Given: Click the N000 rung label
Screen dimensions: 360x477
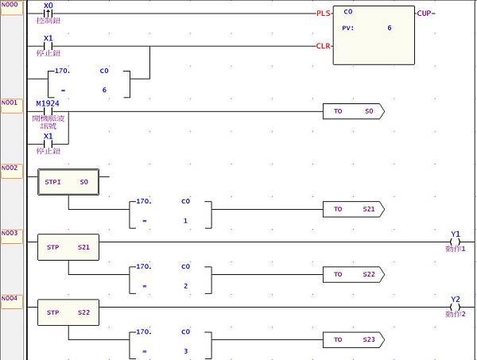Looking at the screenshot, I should [x=11, y=4].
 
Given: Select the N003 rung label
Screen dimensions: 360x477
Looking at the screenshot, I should [x=11, y=233].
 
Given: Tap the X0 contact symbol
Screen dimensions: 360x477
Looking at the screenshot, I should [x=48, y=14].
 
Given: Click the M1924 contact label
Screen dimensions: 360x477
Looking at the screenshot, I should [x=48, y=103].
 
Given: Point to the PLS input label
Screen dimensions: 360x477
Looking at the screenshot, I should [x=324, y=14].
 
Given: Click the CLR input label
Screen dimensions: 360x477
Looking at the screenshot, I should [x=324, y=46].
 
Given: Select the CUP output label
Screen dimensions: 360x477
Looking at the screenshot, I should [x=425, y=14].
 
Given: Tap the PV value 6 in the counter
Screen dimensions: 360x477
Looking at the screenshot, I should [x=389, y=28].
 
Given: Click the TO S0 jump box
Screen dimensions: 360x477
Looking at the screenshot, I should [x=353, y=111].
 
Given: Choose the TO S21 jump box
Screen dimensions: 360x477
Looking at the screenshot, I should [x=353, y=209].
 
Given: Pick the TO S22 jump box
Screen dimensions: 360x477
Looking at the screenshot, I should [x=353, y=274].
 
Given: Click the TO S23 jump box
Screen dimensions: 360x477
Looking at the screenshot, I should [x=353, y=339].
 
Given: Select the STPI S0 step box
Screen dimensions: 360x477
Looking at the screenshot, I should [x=68, y=182].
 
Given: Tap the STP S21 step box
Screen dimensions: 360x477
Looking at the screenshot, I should [x=68, y=247].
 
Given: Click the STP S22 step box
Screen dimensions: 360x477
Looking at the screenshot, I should [x=68, y=312].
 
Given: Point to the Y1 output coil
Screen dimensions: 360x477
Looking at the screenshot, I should [x=455, y=242].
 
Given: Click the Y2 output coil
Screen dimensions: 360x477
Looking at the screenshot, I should [x=455, y=307].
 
